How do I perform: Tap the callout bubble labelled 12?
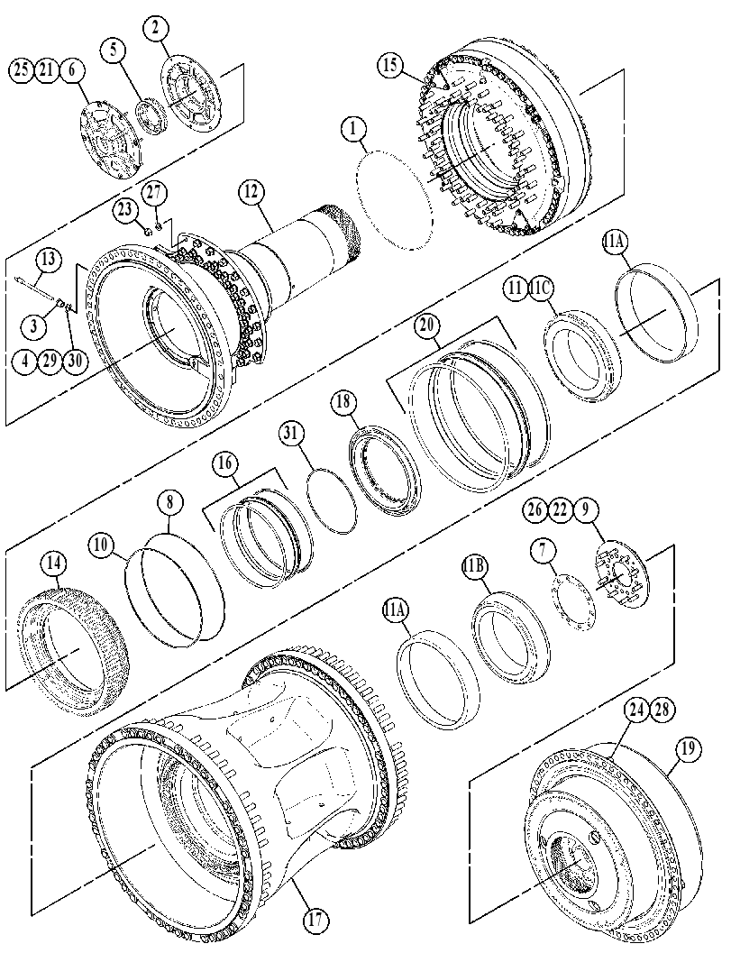pyautogui.click(x=251, y=192)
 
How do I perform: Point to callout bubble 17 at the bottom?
pyautogui.click(x=315, y=919)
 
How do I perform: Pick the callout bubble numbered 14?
pyautogui.click(x=53, y=564)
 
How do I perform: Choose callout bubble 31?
pyautogui.click(x=293, y=434)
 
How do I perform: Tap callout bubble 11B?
pyautogui.click(x=475, y=567)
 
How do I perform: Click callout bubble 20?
pyautogui.click(x=426, y=325)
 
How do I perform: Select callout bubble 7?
pyautogui.click(x=543, y=550)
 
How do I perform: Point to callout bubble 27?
pyautogui.click(x=154, y=193)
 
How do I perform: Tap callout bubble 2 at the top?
pyautogui.click(x=156, y=27)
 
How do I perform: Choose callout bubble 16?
pyautogui.click(x=224, y=463)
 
